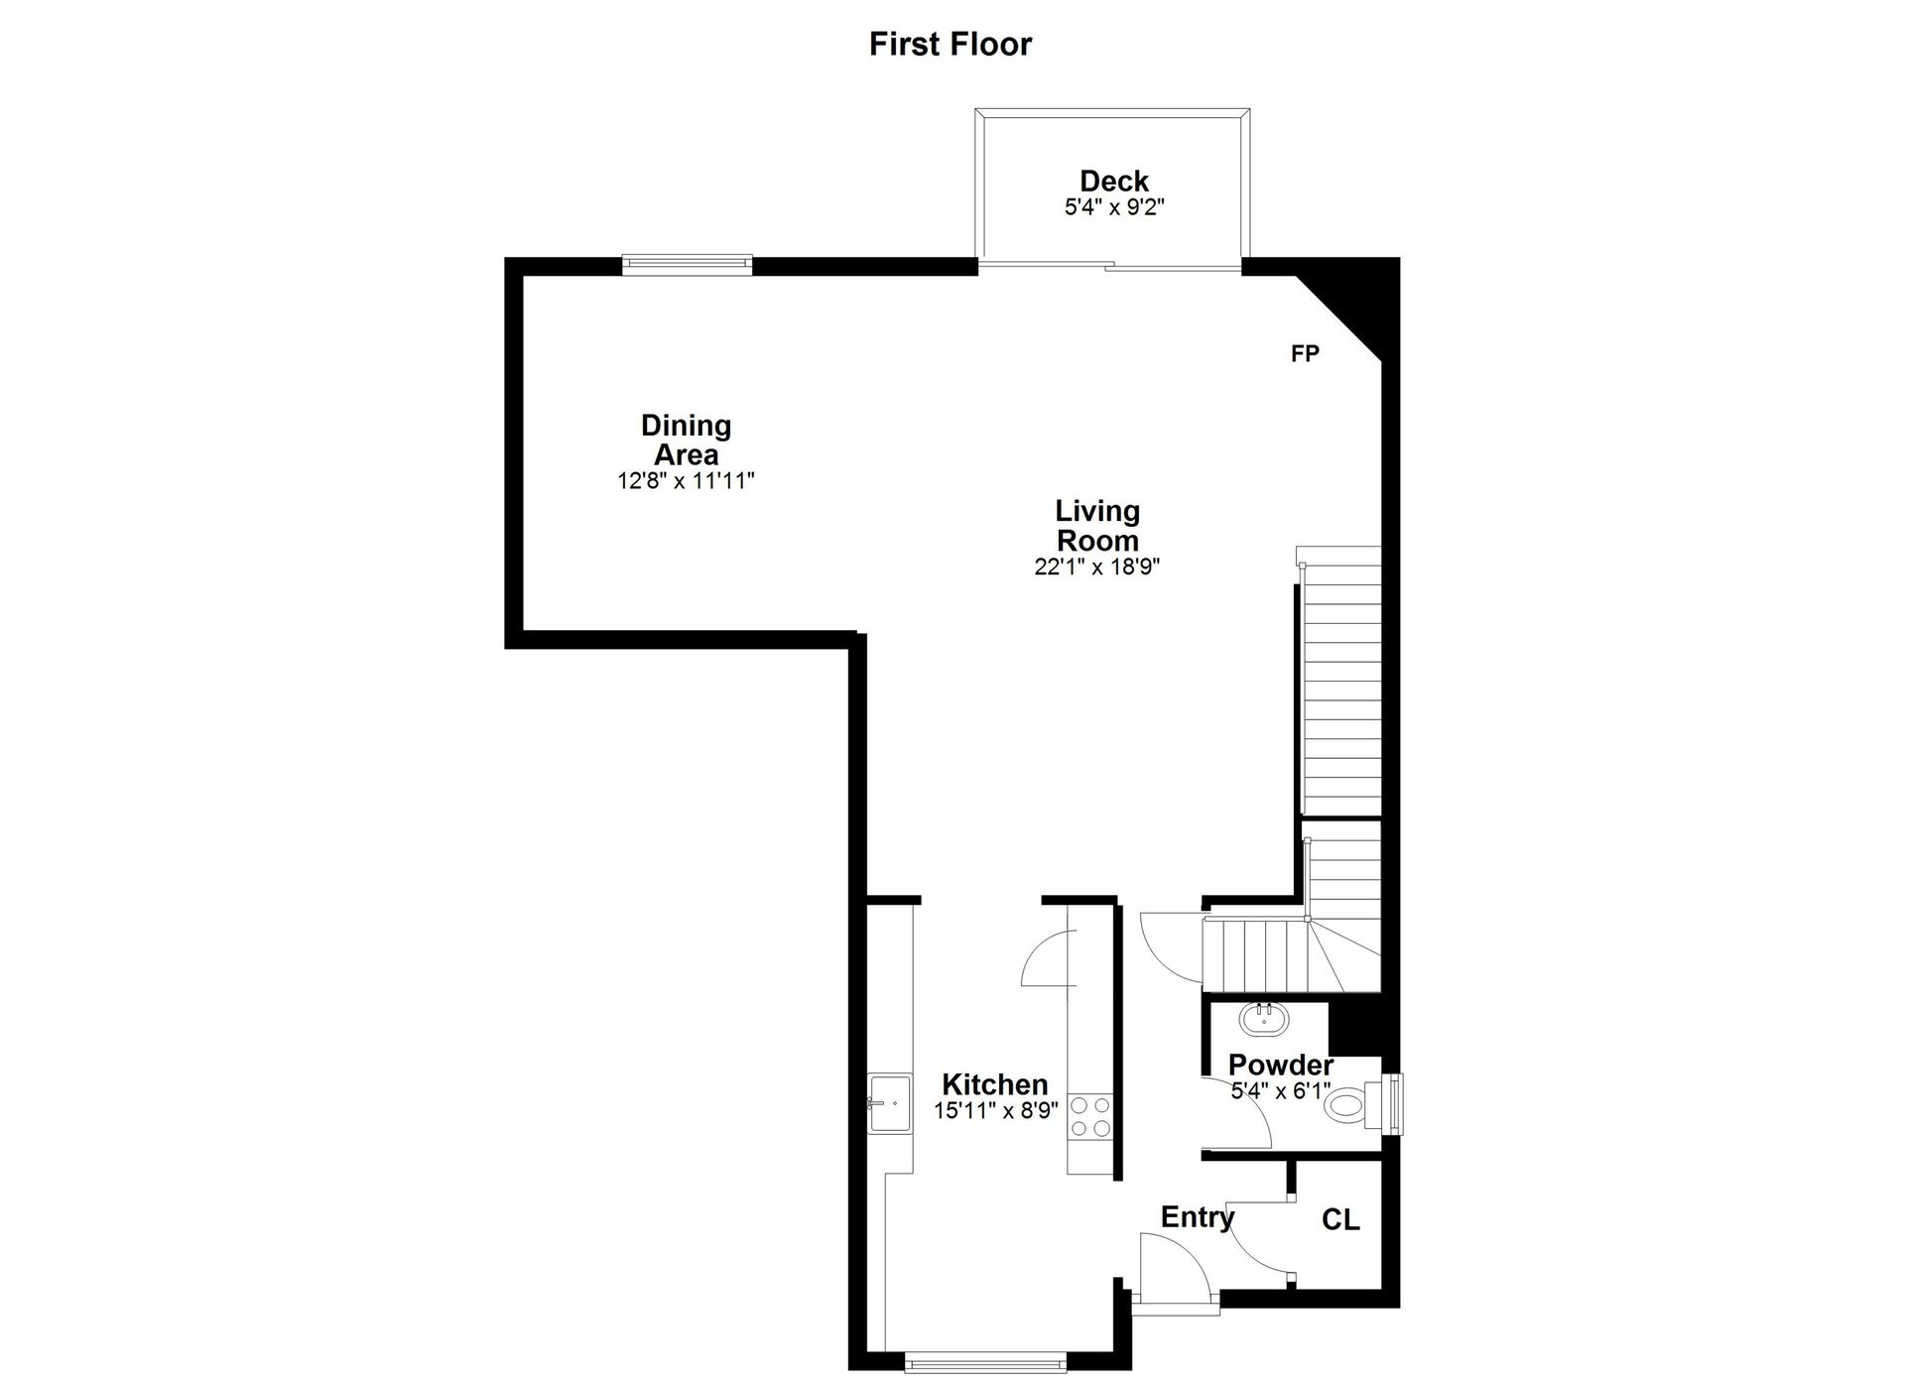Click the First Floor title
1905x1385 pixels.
click(951, 44)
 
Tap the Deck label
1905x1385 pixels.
click(1114, 182)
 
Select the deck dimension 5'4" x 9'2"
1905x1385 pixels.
click(1114, 207)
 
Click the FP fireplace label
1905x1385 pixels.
click(1305, 353)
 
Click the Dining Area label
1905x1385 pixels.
click(686, 440)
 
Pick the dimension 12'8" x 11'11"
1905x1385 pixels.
click(686, 481)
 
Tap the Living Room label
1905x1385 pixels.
click(1097, 526)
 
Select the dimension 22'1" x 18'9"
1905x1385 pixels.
click(1097, 567)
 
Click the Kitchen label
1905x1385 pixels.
click(994, 1084)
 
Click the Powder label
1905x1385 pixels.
click(1281, 1066)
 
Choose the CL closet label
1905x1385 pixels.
click(1340, 1219)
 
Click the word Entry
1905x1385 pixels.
click(1198, 1217)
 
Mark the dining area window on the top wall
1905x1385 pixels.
click(687, 264)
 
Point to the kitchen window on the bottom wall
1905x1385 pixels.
click(986, 1361)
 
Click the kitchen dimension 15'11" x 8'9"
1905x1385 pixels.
click(996, 1111)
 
